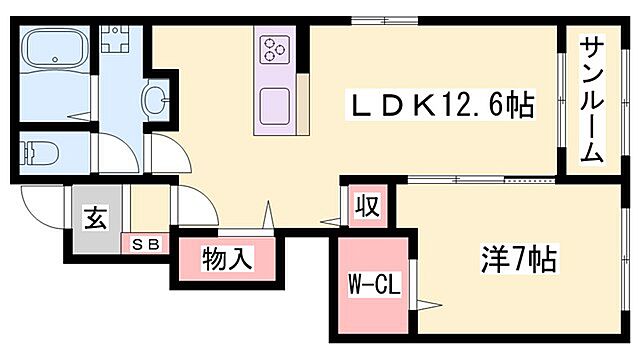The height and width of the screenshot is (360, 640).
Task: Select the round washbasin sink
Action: click(156, 100)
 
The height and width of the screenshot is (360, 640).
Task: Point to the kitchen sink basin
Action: click(273, 105)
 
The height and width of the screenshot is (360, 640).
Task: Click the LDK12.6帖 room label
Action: click(438, 102)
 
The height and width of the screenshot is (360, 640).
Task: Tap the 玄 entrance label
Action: click(96, 217)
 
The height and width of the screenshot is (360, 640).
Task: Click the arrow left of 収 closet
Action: click(330, 223)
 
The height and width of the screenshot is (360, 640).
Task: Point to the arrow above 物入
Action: click(268, 213)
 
